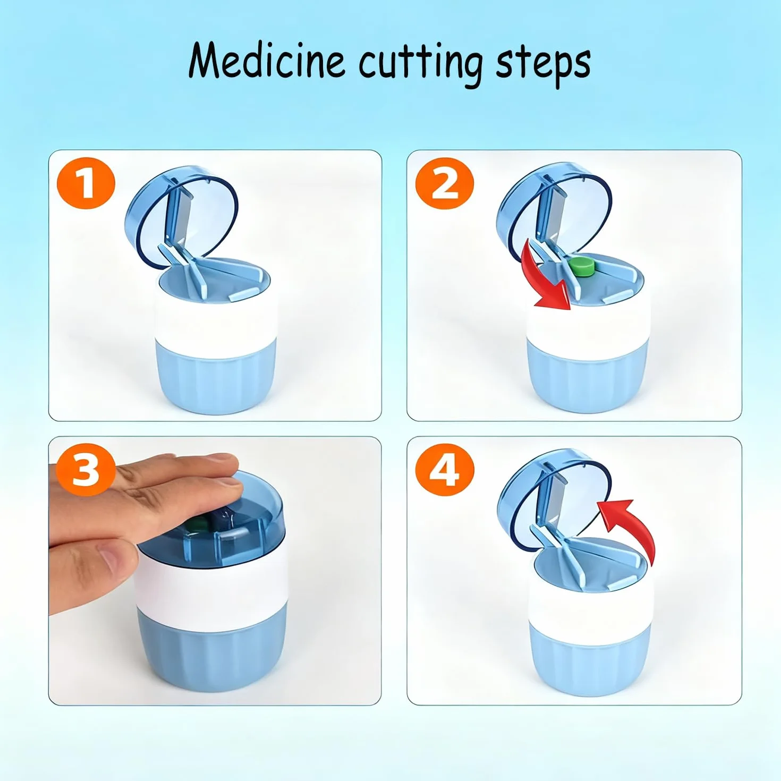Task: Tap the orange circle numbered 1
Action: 86,184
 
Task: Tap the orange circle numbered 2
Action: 445,184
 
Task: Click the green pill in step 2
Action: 581,267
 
